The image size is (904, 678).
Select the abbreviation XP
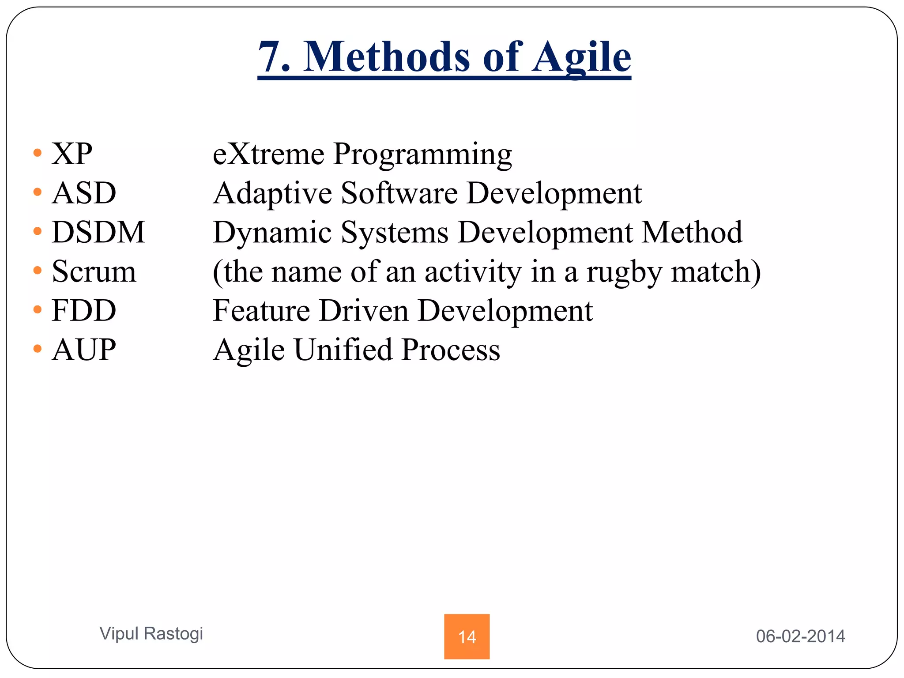click(x=72, y=154)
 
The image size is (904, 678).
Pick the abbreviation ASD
click(x=84, y=193)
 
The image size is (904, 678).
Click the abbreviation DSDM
click(x=98, y=232)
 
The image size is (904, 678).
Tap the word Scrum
click(x=94, y=271)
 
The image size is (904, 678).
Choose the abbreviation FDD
click(x=84, y=311)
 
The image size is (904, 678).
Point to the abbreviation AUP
click(x=84, y=350)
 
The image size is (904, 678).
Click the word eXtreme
click(x=268, y=154)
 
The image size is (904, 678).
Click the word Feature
click(x=261, y=311)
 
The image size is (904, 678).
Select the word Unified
click(x=343, y=350)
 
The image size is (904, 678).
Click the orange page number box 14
click(x=467, y=636)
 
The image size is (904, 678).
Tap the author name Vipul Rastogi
click(x=151, y=633)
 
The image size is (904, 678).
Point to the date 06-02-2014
click(x=800, y=636)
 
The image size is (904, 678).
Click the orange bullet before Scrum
click(x=38, y=271)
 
